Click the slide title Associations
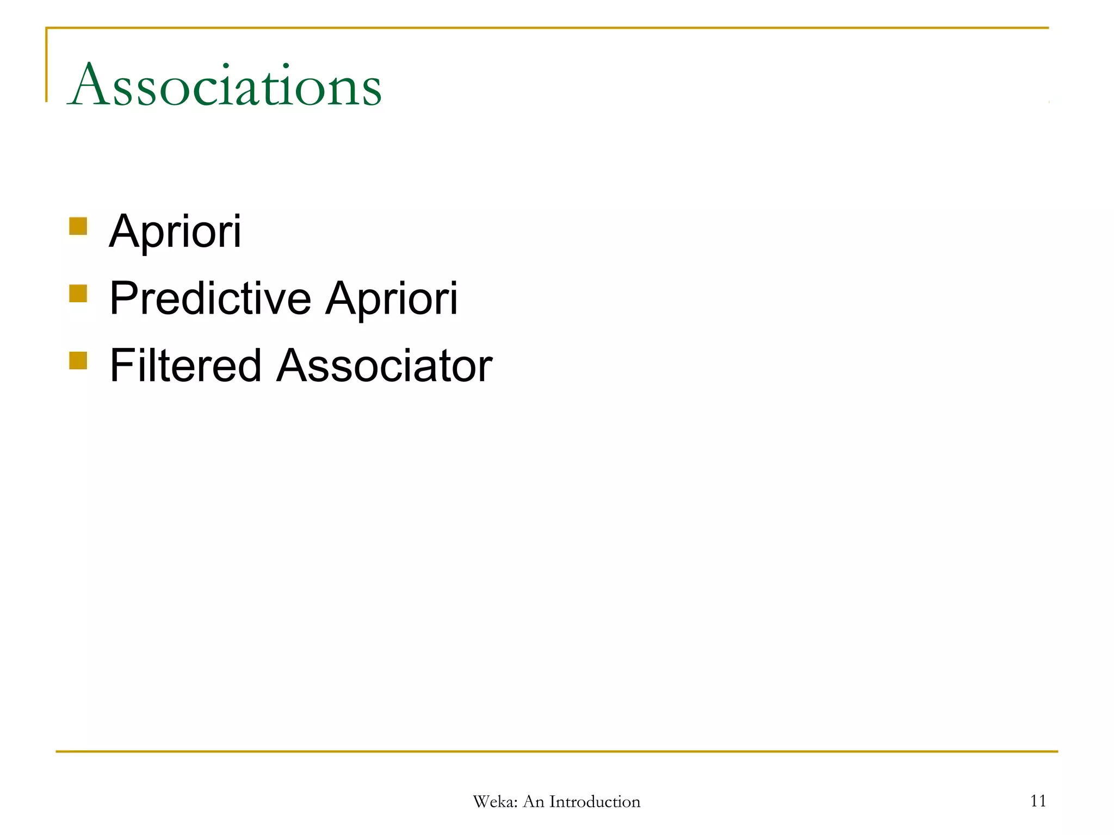click(225, 86)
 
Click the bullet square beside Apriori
click(78, 226)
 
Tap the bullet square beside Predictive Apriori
click(78, 294)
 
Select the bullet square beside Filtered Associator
click(78, 360)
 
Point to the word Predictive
click(210, 298)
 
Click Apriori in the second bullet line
click(391, 298)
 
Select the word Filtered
click(185, 366)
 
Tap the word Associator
click(384, 366)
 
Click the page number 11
click(1038, 801)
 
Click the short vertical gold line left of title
click(46, 65)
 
